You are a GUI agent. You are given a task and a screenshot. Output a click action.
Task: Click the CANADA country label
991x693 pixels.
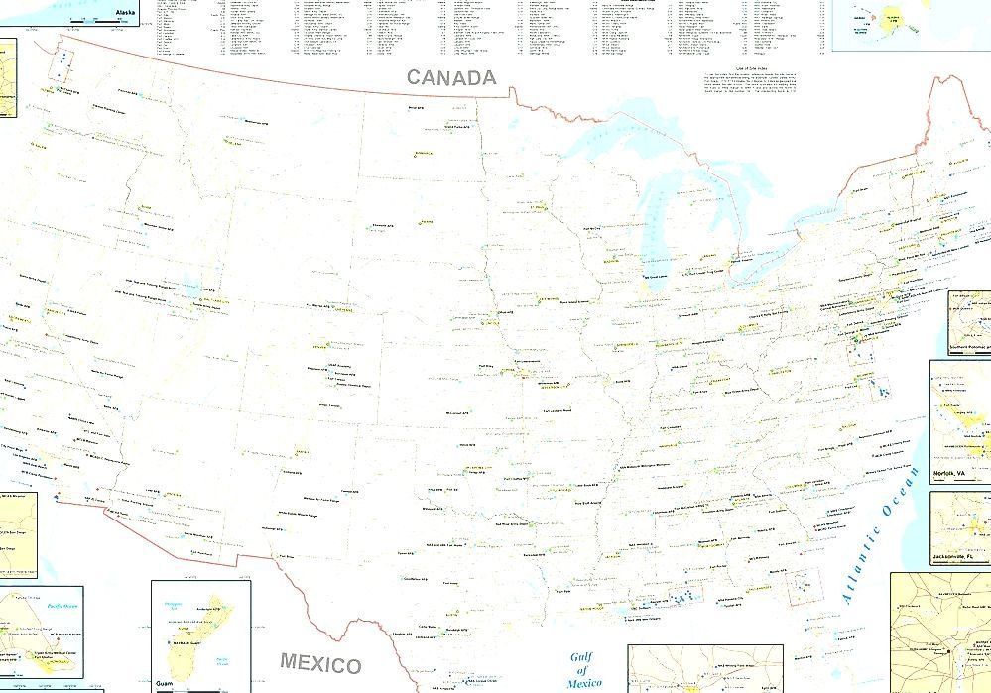pos(449,78)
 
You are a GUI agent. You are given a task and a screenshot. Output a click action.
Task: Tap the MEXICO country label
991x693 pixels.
pos(319,662)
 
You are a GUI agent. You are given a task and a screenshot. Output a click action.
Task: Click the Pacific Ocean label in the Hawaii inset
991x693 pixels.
pos(63,602)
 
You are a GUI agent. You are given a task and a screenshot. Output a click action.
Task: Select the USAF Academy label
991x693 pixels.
pos(337,368)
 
